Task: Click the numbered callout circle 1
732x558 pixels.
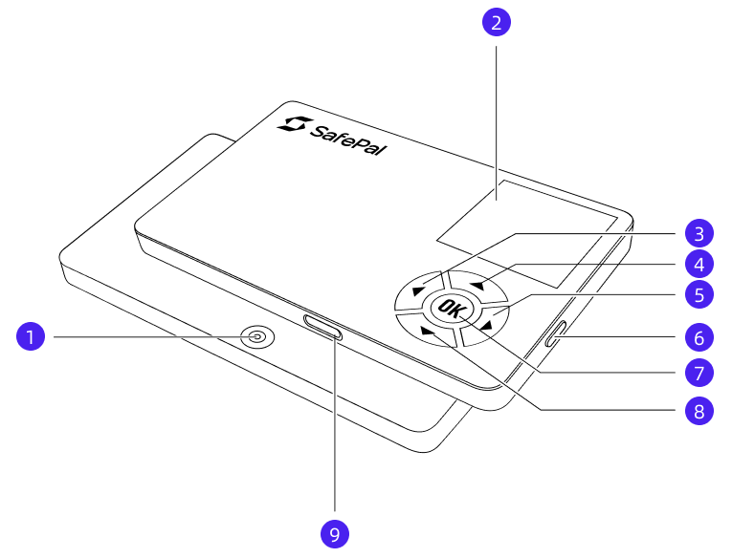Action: (31, 336)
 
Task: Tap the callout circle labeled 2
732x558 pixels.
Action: (497, 22)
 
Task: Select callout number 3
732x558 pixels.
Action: (699, 233)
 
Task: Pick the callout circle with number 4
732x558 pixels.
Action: (699, 265)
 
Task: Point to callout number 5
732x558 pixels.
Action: (699, 294)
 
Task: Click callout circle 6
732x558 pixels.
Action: (699, 337)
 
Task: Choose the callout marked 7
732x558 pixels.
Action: (699, 373)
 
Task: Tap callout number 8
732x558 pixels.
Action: (699, 411)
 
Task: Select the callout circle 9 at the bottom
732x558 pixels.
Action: (335, 534)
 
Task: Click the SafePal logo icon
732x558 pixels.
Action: (294, 124)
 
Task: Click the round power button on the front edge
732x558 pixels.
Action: (257, 336)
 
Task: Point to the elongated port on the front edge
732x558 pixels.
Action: (322, 327)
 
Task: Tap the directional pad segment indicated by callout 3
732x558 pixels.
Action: (419, 290)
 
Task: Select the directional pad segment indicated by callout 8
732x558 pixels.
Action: (427, 331)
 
